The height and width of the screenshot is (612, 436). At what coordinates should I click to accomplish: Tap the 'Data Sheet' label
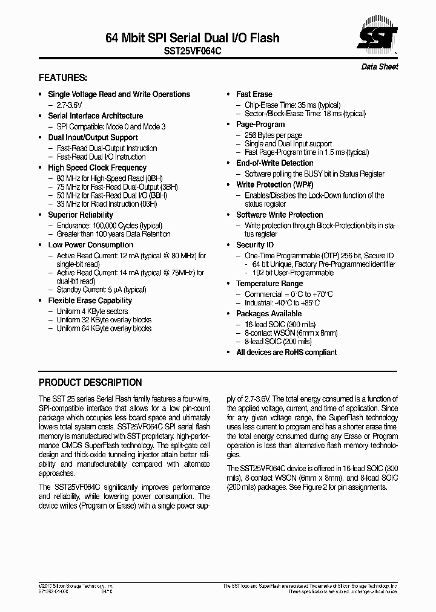[x=380, y=67]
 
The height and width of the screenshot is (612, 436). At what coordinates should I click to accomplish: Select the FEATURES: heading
[x=63, y=78]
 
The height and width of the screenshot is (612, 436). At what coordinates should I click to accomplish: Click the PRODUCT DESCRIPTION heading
[x=90, y=383]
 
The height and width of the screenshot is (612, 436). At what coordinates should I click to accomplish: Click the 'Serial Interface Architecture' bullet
[x=96, y=116]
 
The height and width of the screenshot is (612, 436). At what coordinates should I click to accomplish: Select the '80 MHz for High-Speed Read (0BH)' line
[x=110, y=178]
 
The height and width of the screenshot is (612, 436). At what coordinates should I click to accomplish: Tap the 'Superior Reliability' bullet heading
[x=81, y=215]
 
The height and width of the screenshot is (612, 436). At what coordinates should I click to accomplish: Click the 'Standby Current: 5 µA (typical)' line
[x=102, y=290]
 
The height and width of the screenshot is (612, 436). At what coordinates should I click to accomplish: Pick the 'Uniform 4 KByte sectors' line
[x=93, y=311]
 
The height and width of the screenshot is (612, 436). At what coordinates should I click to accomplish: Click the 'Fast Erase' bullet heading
[x=254, y=94]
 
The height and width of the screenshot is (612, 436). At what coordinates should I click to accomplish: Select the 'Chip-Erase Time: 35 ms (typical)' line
[x=292, y=105]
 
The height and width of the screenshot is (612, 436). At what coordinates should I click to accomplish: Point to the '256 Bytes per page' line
[x=274, y=135]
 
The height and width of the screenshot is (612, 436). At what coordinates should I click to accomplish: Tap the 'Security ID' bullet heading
[x=255, y=245]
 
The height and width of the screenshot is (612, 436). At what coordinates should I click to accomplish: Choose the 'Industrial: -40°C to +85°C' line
[x=282, y=303]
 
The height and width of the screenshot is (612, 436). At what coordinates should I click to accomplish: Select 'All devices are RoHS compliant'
[x=286, y=353]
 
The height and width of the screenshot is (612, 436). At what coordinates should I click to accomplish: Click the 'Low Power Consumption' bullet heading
[x=91, y=245]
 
